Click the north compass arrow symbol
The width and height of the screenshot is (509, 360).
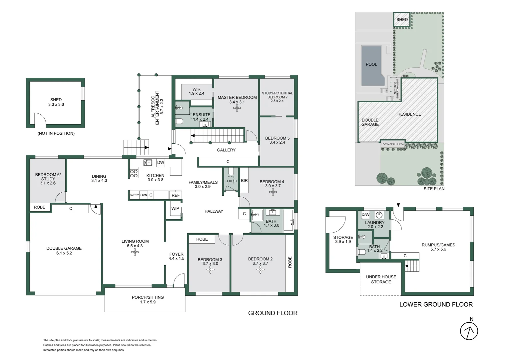[469, 331]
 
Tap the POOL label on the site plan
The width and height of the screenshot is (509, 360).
[371, 64]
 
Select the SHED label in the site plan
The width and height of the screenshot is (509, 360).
[402, 20]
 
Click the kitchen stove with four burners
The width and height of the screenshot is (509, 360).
[134, 174]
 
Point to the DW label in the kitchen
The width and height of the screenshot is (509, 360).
[161, 163]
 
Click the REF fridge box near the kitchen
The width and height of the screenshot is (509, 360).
[176, 195]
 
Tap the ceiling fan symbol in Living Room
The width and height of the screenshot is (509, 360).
[135, 252]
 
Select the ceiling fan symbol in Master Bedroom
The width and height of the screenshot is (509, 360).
[237, 108]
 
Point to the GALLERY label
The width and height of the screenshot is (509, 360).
[226, 150]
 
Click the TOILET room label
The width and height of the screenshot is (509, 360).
[231, 181]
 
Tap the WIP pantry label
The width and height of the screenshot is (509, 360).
[175, 208]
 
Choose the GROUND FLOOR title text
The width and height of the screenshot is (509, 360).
[272, 313]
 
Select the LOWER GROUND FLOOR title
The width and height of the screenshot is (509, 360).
[436, 304]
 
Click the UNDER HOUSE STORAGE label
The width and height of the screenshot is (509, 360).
[381, 279]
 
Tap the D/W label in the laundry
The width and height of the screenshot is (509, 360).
[365, 214]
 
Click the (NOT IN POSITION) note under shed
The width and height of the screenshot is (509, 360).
[56, 133]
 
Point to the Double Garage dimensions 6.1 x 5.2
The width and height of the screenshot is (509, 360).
[64, 253]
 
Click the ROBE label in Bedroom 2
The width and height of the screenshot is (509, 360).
[290, 262]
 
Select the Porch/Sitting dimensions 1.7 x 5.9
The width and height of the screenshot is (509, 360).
[148, 302]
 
